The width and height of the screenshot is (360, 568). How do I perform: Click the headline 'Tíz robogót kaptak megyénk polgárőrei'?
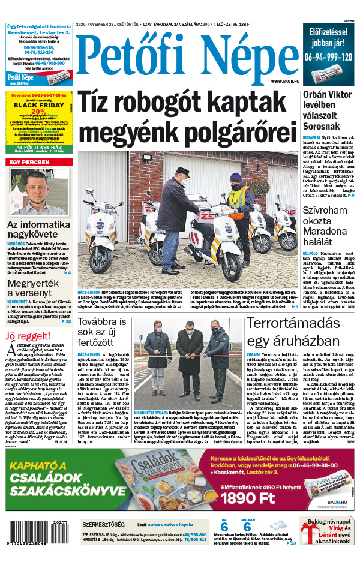tap(187, 116)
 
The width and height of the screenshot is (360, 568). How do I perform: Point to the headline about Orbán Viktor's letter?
tap(329, 113)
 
